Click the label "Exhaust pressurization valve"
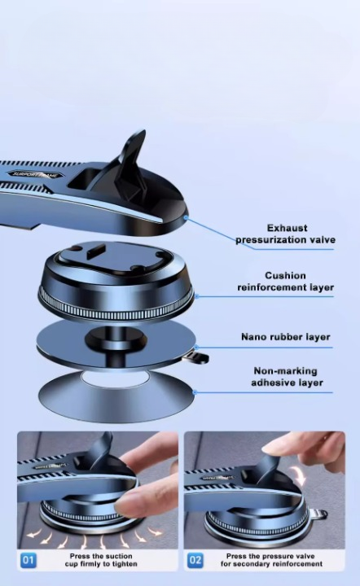[x=285, y=234]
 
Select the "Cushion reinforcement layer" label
[x=285, y=282]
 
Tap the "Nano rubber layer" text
[x=286, y=337]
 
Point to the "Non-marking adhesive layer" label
[x=287, y=377]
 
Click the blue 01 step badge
[x=28, y=560]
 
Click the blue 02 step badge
[x=195, y=560]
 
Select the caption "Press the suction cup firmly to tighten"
[x=101, y=560]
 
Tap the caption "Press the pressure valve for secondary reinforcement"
[x=271, y=560]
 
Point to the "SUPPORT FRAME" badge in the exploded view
[x=36, y=174]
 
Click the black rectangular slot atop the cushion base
[x=95, y=251]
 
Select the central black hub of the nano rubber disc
[x=116, y=339]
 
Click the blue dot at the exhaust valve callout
[x=186, y=217]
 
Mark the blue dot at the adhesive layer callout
[x=194, y=392]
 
